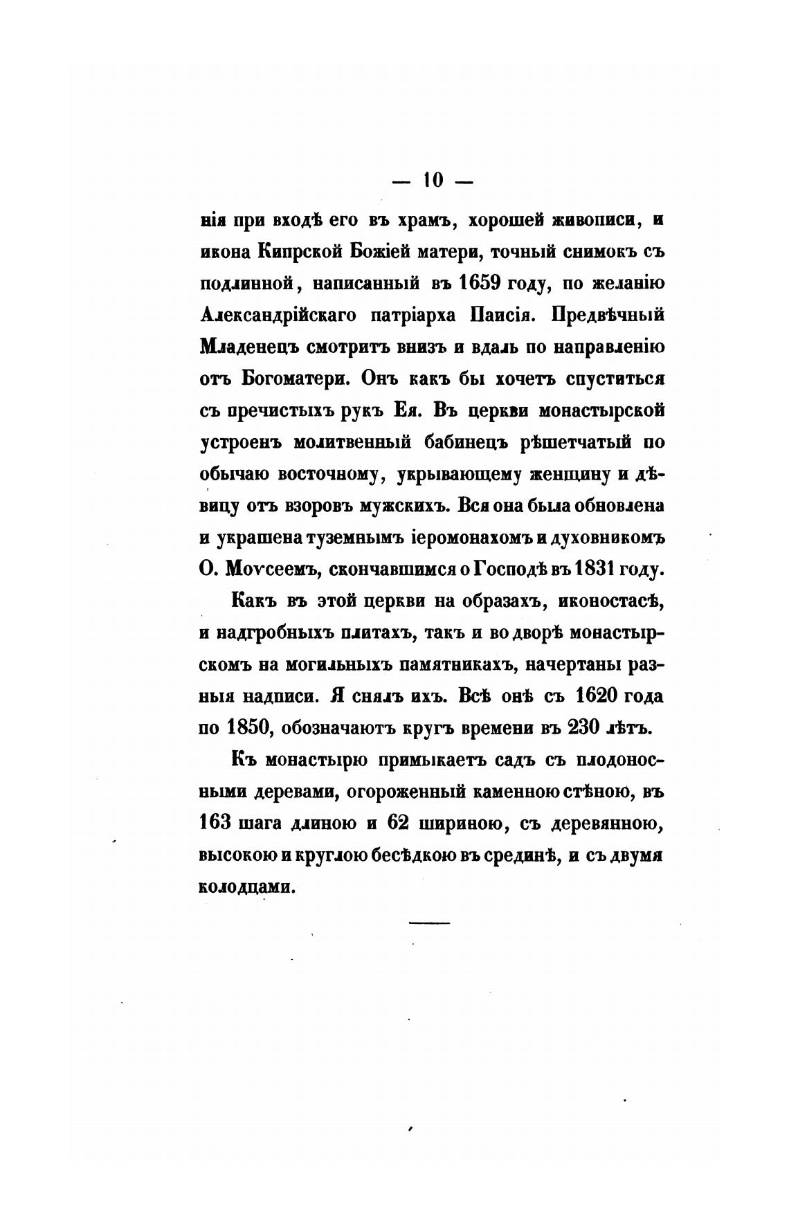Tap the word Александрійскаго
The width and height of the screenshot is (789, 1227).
click(278, 316)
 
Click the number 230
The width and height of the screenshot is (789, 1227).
click(586, 728)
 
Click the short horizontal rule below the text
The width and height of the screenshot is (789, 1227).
click(430, 922)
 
